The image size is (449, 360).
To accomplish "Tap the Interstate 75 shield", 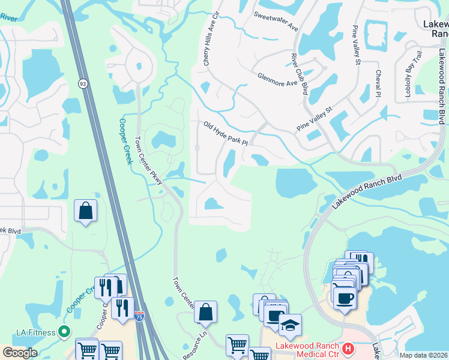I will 140,314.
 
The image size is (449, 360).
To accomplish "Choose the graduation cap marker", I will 291,325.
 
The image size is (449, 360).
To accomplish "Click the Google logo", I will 20,353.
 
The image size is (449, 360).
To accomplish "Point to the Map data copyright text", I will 424,355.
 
